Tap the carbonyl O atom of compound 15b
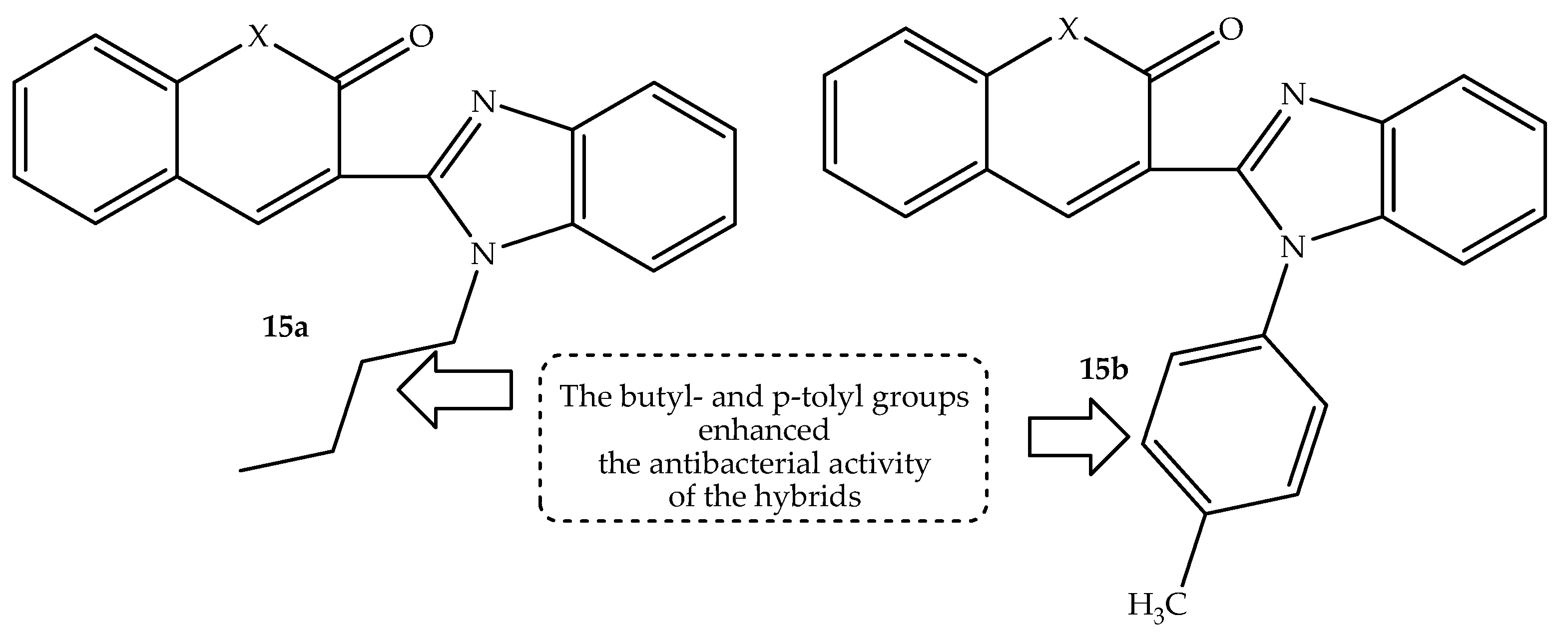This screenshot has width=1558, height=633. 1231,29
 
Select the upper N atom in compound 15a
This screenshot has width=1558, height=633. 483,101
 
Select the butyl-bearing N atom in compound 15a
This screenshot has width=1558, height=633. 483,254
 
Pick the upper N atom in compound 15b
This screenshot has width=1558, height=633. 1294,95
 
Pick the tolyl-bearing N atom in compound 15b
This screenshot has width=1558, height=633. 1294,247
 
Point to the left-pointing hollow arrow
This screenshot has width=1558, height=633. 455,390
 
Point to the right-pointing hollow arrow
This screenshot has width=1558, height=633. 1079,436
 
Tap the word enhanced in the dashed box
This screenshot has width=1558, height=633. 763,430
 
